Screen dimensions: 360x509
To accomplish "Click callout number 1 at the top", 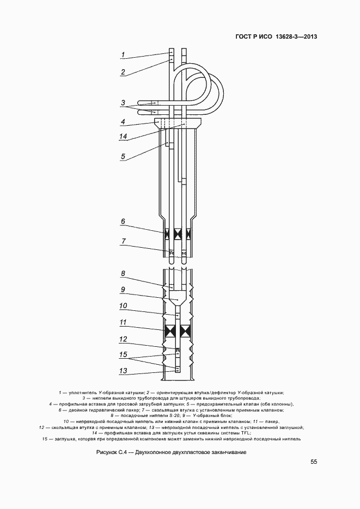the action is click(123, 55).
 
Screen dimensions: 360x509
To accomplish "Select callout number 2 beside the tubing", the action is click(123, 72).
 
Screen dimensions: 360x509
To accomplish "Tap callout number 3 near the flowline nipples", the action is click(123, 103).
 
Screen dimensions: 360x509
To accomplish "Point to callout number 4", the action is click(123, 122).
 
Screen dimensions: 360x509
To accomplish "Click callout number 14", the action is click(123, 137).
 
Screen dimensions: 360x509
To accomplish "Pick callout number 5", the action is click(123, 156).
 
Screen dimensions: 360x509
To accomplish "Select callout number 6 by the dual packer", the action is click(123, 222).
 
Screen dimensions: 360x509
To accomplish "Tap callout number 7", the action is click(123, 241).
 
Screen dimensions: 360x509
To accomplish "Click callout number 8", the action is click(123, 274).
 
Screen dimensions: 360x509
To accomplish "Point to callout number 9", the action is click(123, 290).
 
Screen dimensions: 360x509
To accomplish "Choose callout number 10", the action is click(123, 306).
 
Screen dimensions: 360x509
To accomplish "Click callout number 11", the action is click(123, 322).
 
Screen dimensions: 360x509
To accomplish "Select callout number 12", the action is click(123, 339).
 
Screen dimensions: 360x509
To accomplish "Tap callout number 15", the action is click(123, 354).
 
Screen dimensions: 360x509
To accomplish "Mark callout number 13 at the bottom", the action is click(123, 371).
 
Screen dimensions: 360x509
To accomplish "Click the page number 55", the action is click(314, 462).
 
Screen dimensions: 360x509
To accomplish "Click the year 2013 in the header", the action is click(310, 36).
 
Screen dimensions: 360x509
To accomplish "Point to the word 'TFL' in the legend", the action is click(246, 433).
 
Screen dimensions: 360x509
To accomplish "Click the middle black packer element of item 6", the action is click(178, 234).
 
